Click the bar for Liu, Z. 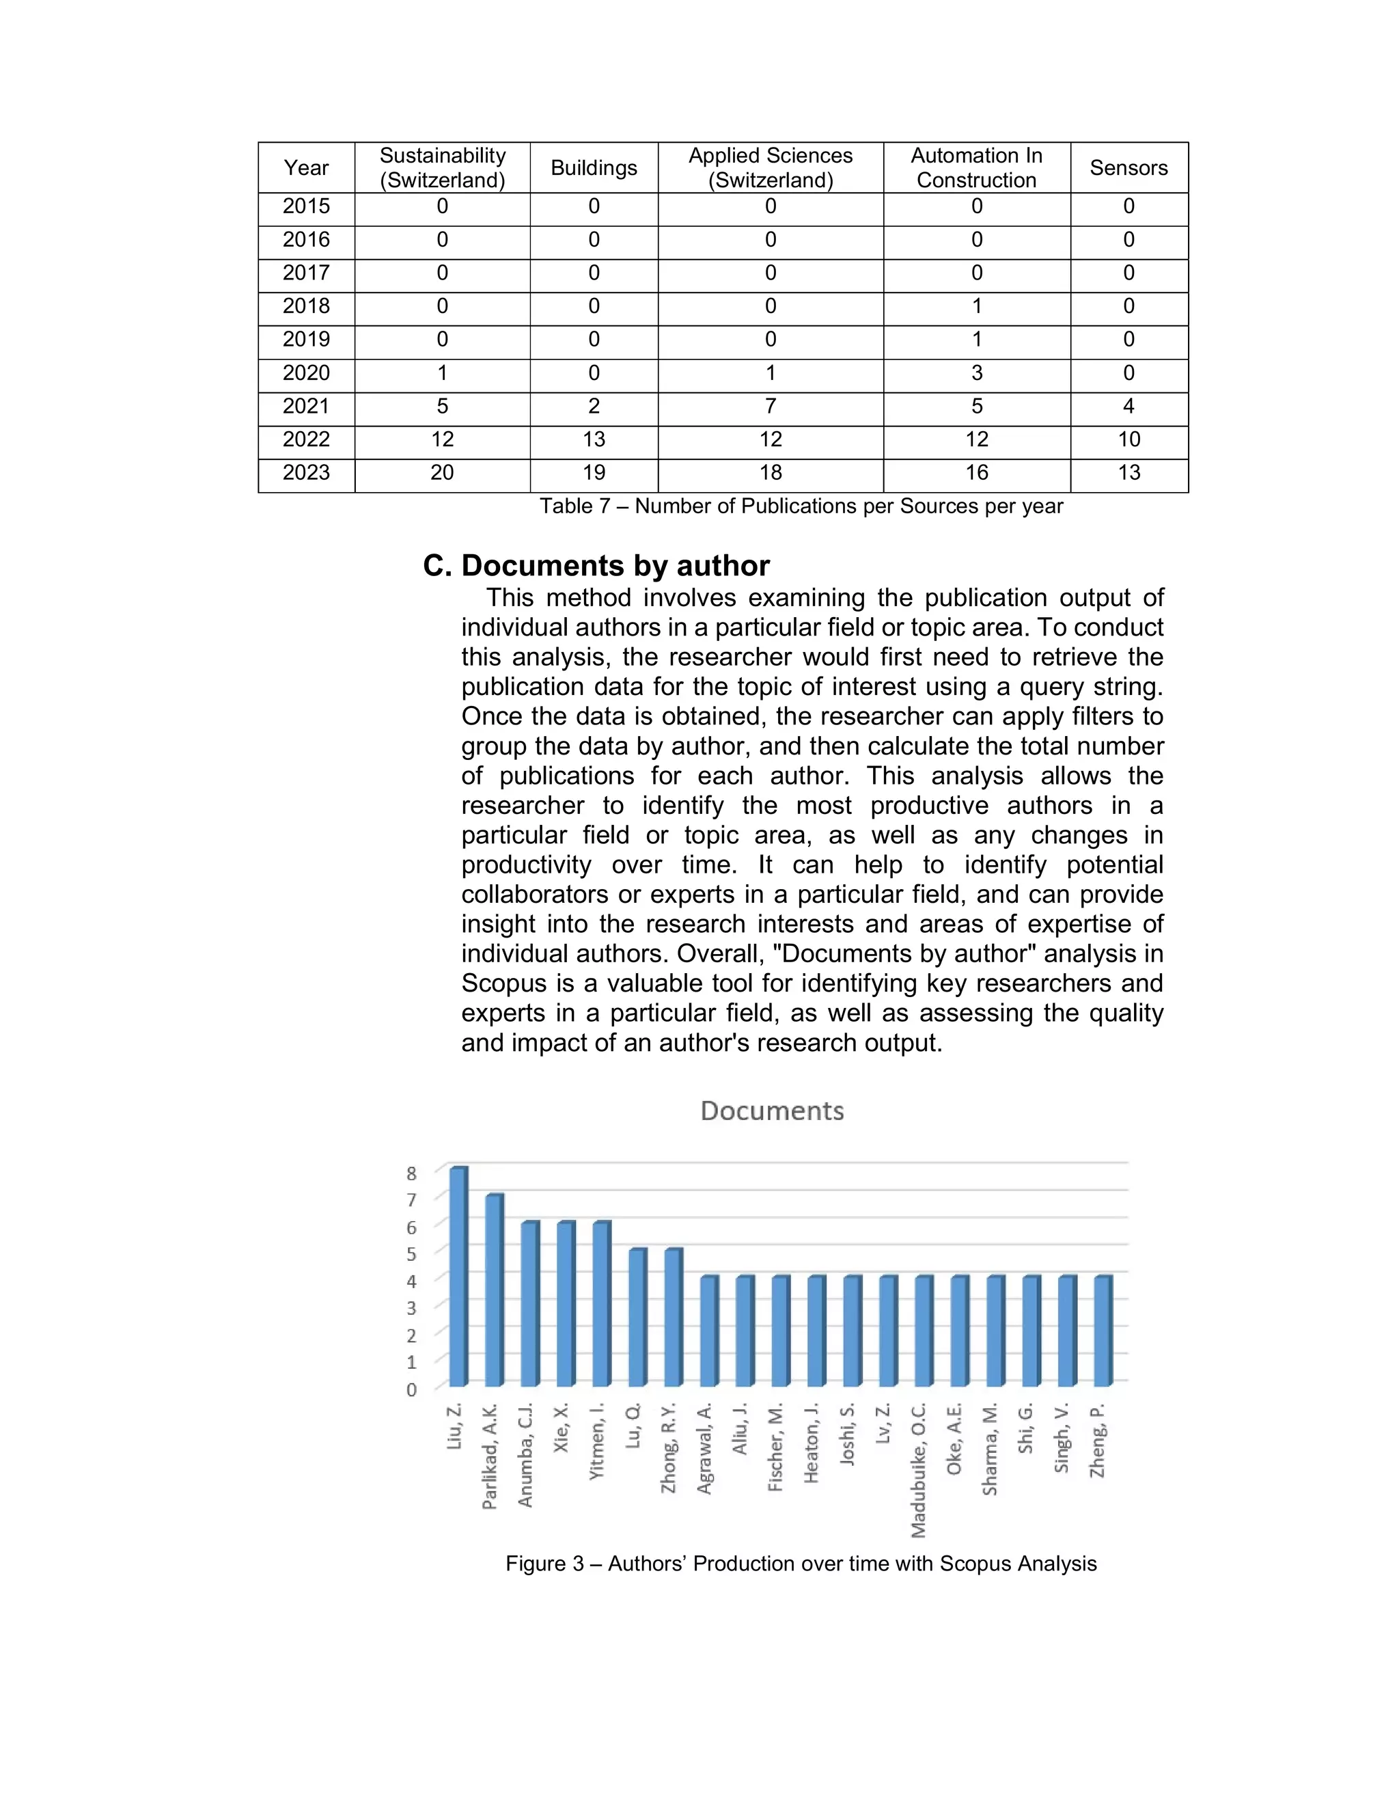pos(458,1277)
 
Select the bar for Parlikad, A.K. pos(493,1290)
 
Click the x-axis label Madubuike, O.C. pos(918,1469)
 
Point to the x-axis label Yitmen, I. pos(597,1441)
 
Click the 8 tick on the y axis pos(411,1173)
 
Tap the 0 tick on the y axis pos(411,1390)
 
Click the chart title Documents pos(772,1111)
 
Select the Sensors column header pos(1128,168)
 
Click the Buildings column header pos(594,168)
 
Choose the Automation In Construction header pos(976,168)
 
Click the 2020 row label pos(306,373)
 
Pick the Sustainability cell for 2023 pos(442,473)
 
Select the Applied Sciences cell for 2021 pos(770,407)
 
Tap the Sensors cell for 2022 pos(1128,439)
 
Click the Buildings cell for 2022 pos(594,439)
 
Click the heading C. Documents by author pos(596,566)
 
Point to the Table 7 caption pos(801,506)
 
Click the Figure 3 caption pos(801,1564)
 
